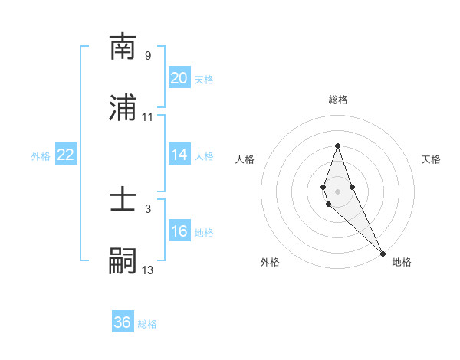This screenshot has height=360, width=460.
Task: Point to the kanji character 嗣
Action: point(123,260)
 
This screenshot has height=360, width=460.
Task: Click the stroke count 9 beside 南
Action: point(148,56)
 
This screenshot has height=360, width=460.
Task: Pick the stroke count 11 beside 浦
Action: point(148,117)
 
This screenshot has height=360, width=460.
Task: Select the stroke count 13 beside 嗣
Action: point(148,270)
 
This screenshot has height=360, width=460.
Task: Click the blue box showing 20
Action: point(179,78)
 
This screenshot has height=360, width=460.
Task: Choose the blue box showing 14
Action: point(179,155)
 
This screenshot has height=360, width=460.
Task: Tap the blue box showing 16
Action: point(179,231)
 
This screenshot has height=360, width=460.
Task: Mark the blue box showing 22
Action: point(66,155)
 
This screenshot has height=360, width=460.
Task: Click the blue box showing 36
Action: point(123,322)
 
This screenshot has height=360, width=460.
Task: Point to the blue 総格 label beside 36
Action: point(147,324)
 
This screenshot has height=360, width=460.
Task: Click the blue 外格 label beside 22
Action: point(41,156)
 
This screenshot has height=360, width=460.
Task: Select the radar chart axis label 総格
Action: point(338,100)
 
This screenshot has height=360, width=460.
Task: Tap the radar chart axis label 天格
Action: point(431,159)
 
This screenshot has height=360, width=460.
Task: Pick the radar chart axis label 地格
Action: point(402,262)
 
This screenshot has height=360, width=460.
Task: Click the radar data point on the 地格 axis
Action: point(383,253)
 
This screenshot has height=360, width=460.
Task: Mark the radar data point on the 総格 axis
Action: point(337,146)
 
